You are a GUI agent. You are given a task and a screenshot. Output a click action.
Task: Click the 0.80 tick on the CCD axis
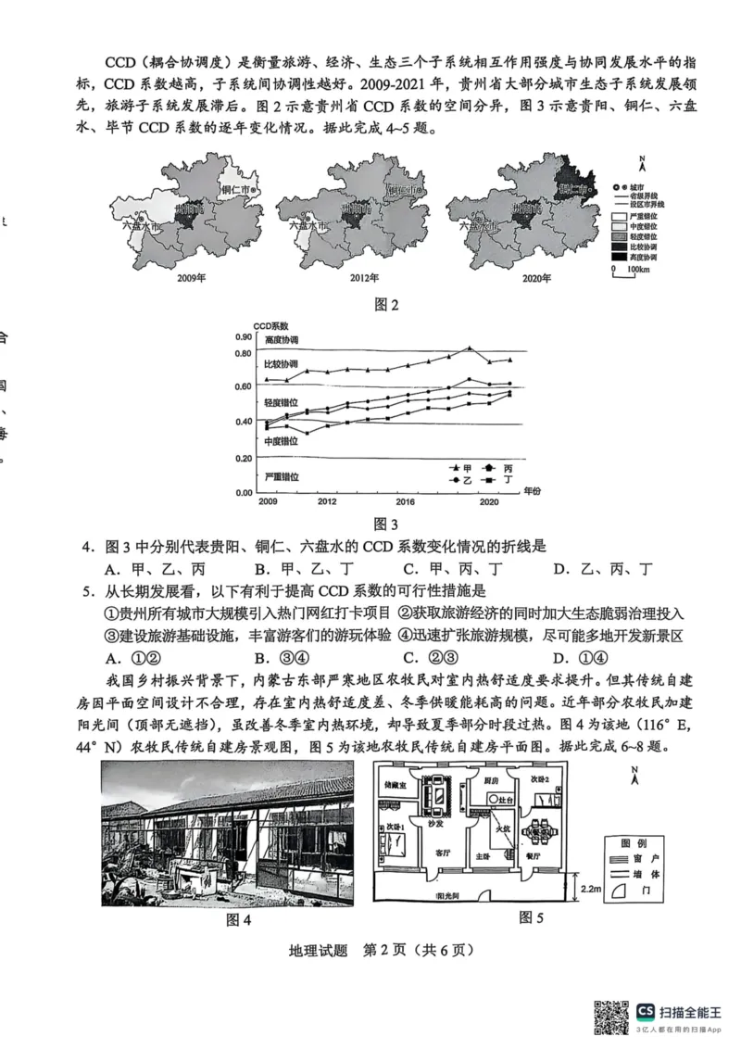point(243,353)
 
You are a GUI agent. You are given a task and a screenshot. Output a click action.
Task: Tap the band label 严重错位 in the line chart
point(282,476)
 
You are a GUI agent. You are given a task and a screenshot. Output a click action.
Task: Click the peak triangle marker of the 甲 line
point(471,348)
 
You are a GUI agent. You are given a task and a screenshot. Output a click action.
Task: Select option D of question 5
point(559,658)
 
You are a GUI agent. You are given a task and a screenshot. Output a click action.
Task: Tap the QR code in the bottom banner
point(609,1017)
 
